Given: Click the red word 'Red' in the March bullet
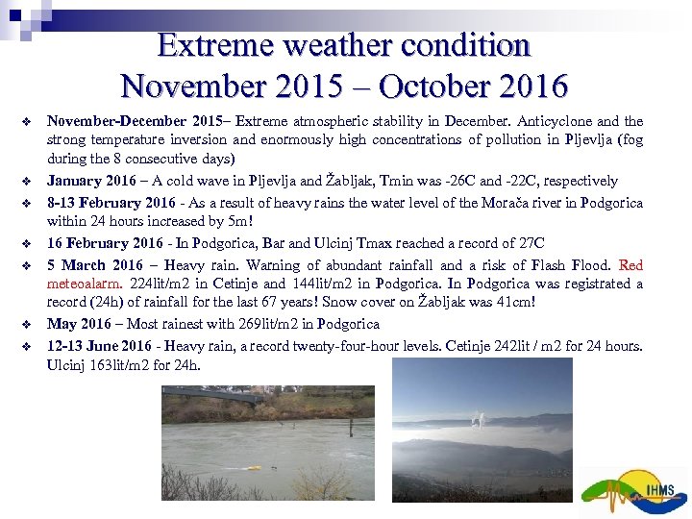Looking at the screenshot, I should [x=631, y=264].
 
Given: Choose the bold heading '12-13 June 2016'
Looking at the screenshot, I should [x=98, y=345].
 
